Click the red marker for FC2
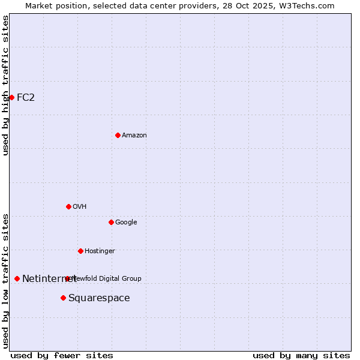coord(11,97)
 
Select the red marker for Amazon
coord(118,135)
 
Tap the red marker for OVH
coord(68,206)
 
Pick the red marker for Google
coord(111,222)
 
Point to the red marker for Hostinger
coord(80,251)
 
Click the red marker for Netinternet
coord(17,278)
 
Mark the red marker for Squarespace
coord(63,298)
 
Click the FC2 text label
coord(26,97)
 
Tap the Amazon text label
coord(134,135)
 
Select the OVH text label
coord(80,206)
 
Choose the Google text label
coord(126,222)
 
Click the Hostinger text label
coord(100,251)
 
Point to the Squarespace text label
coord(99,298)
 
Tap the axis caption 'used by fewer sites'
coord(62,355)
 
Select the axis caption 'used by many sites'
coord(301,355)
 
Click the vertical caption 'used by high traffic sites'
coord(5,85)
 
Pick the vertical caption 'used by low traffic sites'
coord(5,281)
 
